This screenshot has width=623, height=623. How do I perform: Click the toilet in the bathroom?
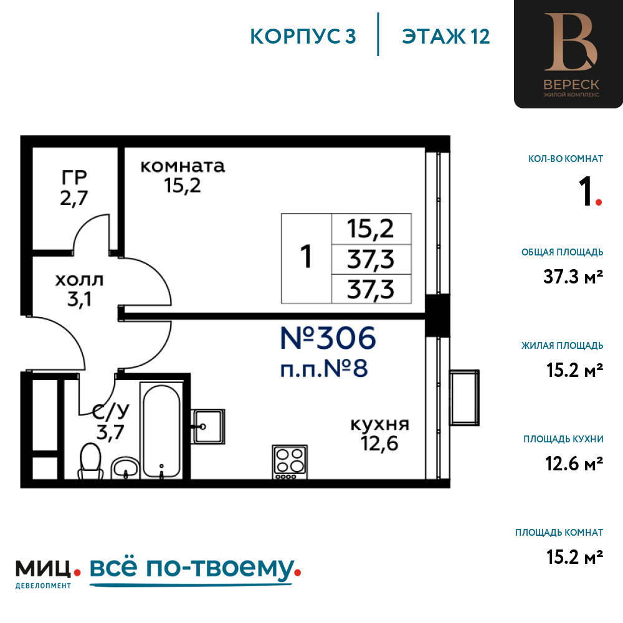[x=90, y=461]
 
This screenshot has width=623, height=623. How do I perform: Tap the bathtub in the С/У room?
[x=161, y=430]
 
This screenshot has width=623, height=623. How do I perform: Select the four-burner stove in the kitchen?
[x=290, y=462]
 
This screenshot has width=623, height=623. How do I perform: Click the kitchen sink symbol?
[x=208, y=426]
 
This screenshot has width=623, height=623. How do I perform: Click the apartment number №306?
[x=328, y=338]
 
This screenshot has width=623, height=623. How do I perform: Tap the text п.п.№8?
[x=324, y=368]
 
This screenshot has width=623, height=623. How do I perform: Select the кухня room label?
[x=380, y=424]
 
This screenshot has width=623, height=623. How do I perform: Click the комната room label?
[x=183, y=166]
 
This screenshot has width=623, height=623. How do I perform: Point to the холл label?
[x=80, y=280]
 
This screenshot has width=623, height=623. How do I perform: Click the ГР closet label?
[x=74, y=177]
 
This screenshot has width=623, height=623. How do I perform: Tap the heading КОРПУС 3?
[x=303, y=36]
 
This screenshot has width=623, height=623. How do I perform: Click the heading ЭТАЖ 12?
[x=446, y=36]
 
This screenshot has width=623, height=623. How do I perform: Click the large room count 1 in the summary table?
[x=306, y=257]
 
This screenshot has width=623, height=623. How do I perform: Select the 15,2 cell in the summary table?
[x=371, y=229]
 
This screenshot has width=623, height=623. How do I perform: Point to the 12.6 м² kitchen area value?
[x=574, y=464]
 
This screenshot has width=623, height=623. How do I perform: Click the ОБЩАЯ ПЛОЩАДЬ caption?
[x=562, y=252]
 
